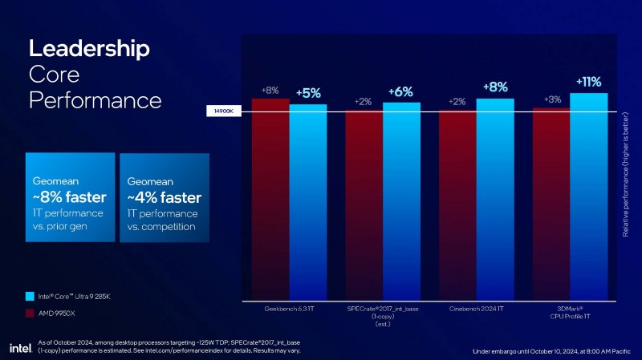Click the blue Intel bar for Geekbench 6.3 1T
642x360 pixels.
coord(308,200)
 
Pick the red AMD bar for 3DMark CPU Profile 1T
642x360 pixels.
coord(551,204)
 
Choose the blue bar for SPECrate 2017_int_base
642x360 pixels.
coord(401,200)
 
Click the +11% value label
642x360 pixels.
coord(588,82)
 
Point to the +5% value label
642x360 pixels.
coord(309,93)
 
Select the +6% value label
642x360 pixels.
coord(400,91)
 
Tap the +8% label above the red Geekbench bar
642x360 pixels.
coord(270,91)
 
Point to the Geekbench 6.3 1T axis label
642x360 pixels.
coord(289,308)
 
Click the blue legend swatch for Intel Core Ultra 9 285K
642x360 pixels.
coord(30,296)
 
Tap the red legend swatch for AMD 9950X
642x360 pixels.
coord(30,313)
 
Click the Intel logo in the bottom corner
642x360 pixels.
coord(19,348)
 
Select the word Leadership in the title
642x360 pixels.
coord(89,48)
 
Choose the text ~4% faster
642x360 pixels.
coord(164,196)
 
